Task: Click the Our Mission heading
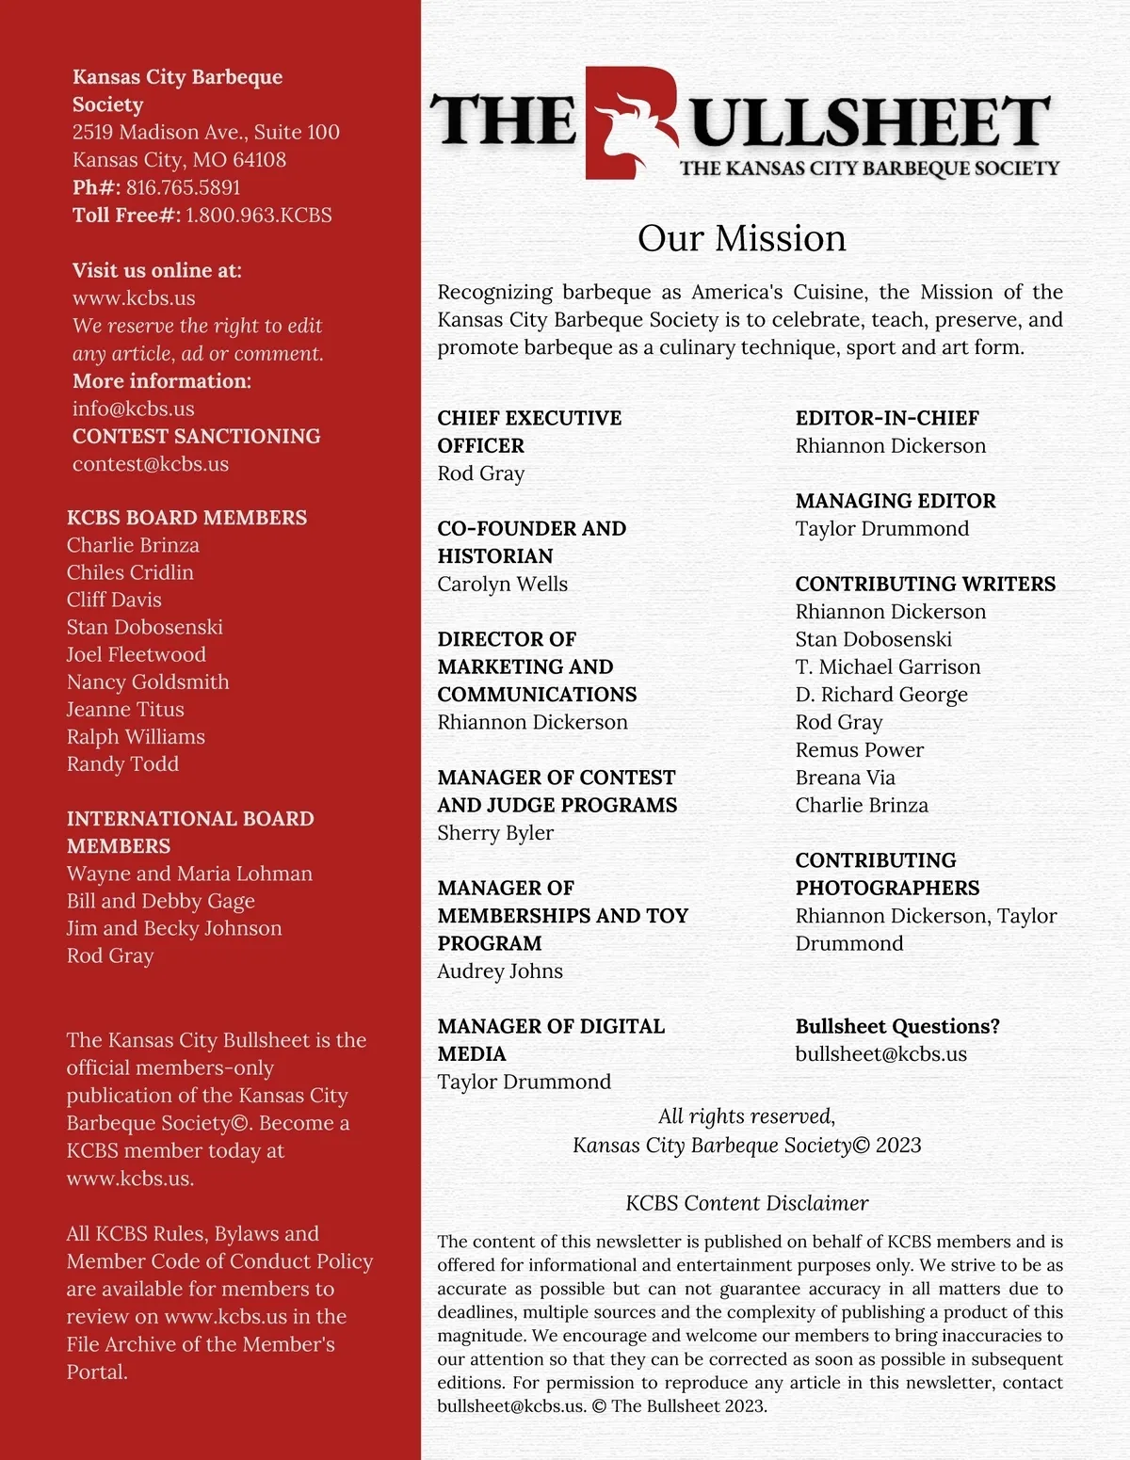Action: (x=741, y=238)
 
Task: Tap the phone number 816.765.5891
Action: (x=183, y=187)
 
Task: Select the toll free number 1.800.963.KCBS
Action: (x=258, y=216)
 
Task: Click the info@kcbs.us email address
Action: (x=133, y=409)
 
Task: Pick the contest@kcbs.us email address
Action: (x=150, y=464)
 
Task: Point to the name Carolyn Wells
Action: (x=502, y=585)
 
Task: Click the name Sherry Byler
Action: (x=494, y=833)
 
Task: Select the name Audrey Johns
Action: (x=499, y=971)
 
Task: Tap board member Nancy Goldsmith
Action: (x=147, y=682)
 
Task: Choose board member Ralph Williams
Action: (x=135, y=737)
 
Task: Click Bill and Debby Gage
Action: (x=160, y=902)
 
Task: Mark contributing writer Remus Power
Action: (x=859, y=750)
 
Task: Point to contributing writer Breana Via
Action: (x=845, y=778)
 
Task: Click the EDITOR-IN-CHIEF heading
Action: (x=886, y=418)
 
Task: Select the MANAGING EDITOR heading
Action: (x=895, y=501)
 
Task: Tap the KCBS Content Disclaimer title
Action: (x=746, y=1203)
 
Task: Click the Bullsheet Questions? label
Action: (x=896, y=1026)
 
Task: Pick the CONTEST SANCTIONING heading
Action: (x=196, y=437)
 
